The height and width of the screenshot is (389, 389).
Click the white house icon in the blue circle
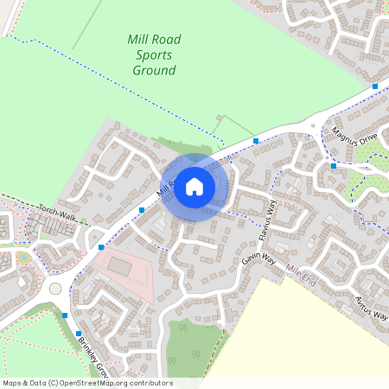point(194,186)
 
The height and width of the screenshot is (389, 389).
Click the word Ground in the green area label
point(155,71)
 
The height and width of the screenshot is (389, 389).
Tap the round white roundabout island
point(56,288)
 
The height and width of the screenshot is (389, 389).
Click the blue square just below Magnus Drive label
point(333,166)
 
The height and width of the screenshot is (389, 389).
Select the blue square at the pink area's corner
point(101,247)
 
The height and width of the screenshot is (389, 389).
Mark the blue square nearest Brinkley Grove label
point(78,333)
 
